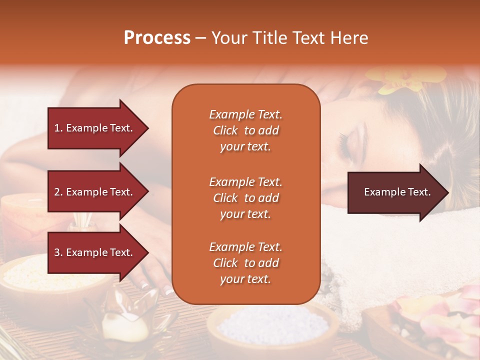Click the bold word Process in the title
pyautogui.click(x=157, y=38)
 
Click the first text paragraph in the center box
pyautogui.click(x=245, y=130)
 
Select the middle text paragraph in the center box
pyautogui.click(x=245, y=198)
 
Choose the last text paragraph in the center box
pyautogui.click(x=245, y=263)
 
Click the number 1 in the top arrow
pyautogui.click(x=57, y=128)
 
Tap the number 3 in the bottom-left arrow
pyautogui.click(x=57, y=252)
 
